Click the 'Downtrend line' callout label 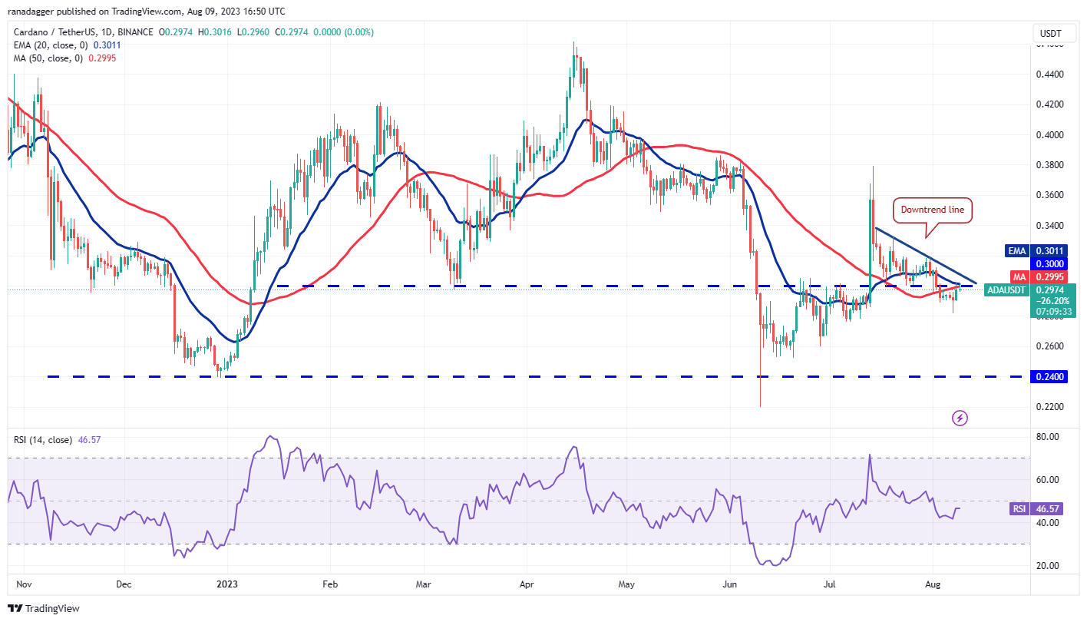pyautogui.click(x=931, y=210)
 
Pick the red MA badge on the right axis pyautogui.click(x=1018, y=276)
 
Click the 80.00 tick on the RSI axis pyautogui.click(x=1049, y=436)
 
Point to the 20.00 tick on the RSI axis pyautogui.click(x=1049, y=566)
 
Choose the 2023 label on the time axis pyautogui.click(x=228, y=584)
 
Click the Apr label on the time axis pyautogui.click(x=527, y=584)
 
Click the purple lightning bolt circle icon pyautogui.click(x=960, y=418)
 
